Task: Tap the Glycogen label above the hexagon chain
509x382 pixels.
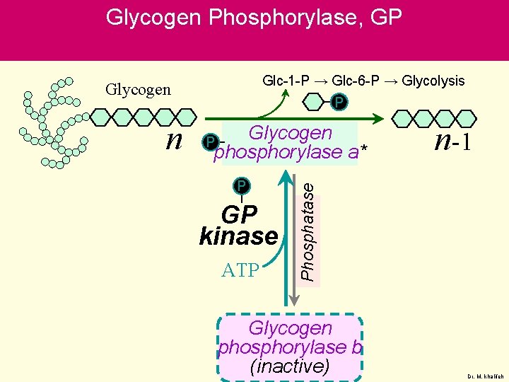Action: (138, 89)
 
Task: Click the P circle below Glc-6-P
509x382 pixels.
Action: (339, 103)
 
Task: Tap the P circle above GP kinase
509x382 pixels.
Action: (242, 186)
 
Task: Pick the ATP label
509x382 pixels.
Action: (240, 270)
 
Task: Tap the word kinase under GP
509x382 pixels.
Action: (239, 236)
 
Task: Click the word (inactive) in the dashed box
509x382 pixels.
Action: (290, 366)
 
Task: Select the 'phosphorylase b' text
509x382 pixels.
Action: (290, 347)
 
